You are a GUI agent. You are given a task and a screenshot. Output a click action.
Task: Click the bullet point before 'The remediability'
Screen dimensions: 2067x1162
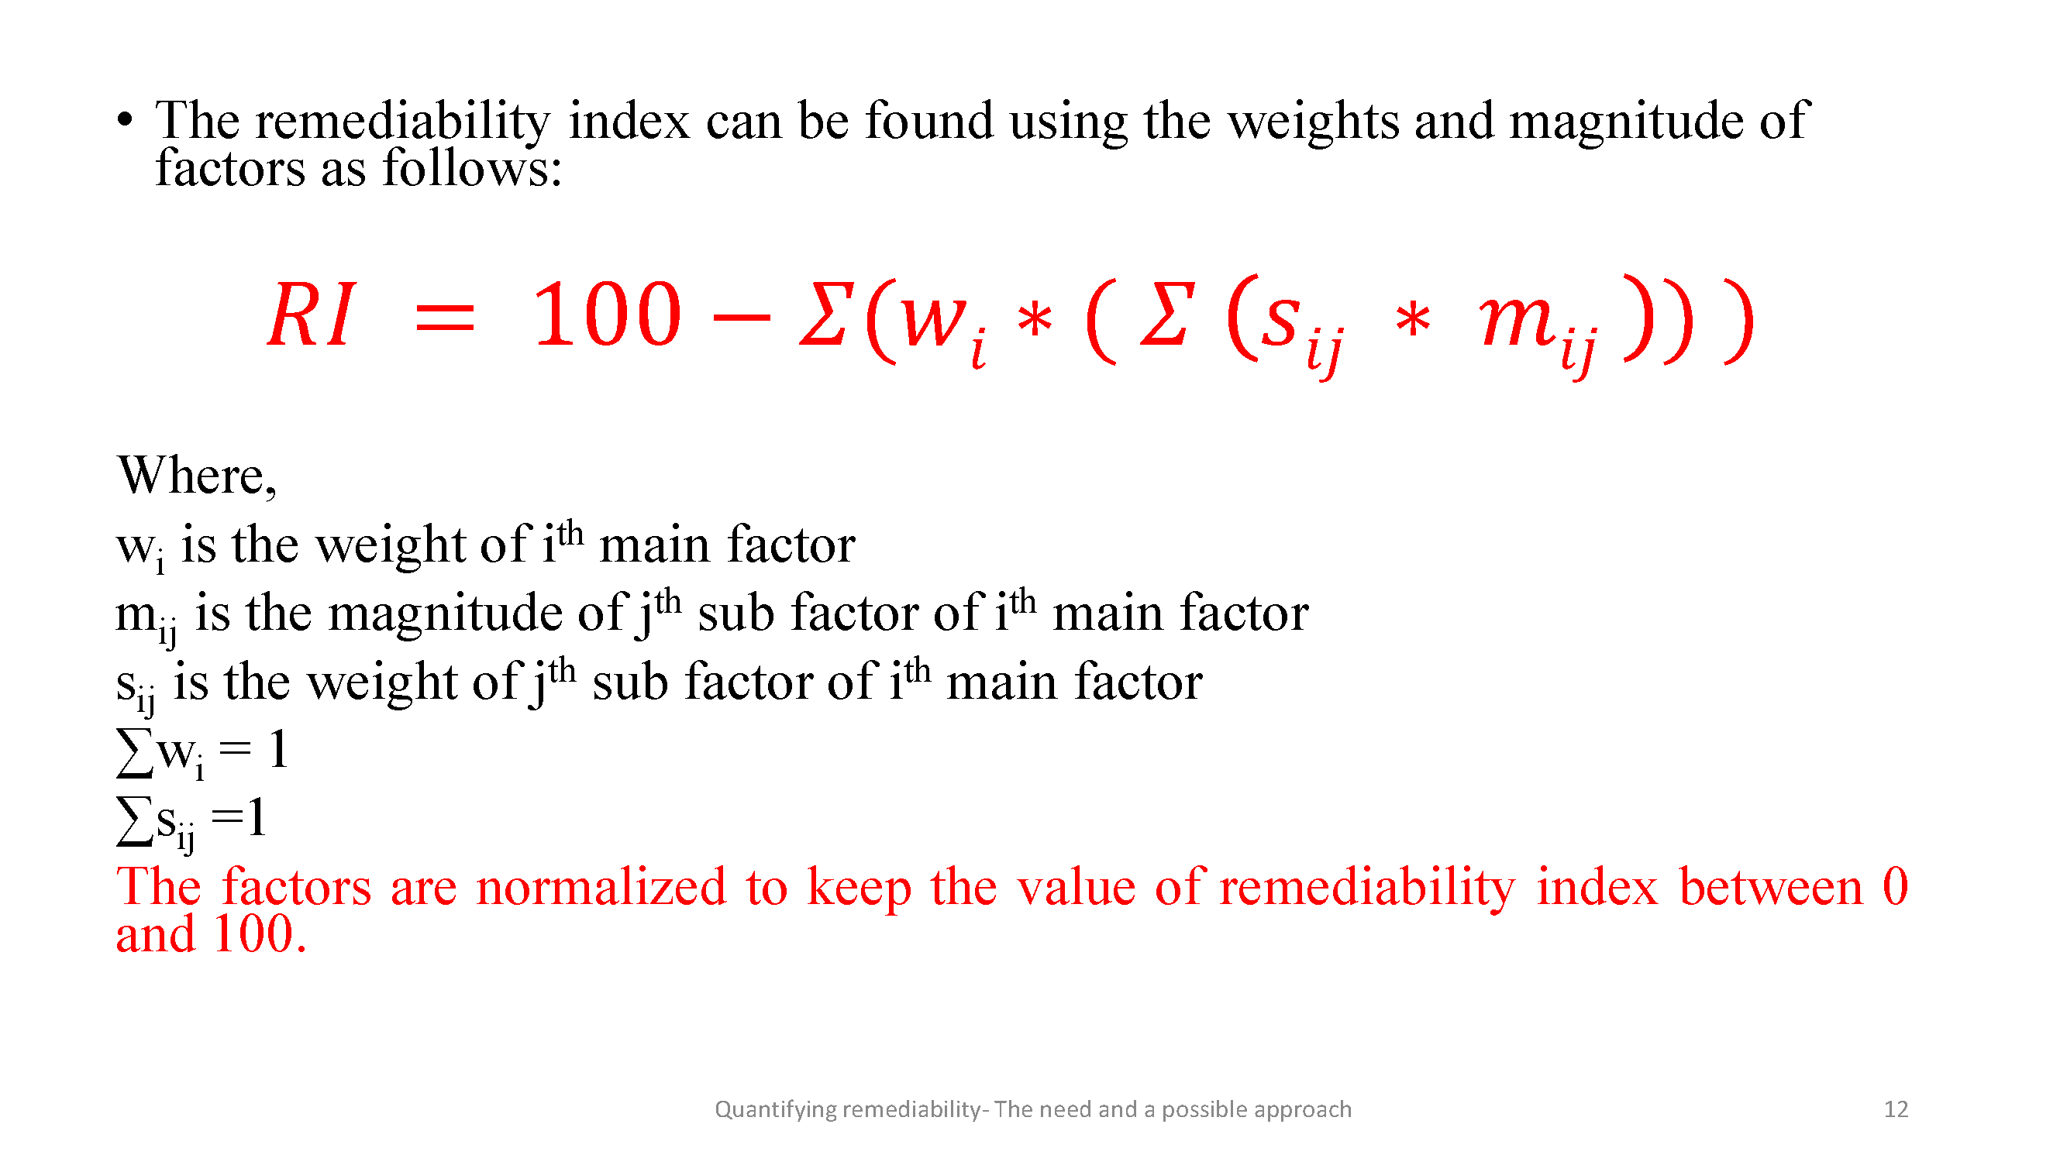[124, 121]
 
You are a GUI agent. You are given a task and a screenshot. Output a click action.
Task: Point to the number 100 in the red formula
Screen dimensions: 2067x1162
[608, 315]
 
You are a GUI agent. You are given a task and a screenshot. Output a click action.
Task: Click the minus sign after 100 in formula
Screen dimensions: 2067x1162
[742, 318]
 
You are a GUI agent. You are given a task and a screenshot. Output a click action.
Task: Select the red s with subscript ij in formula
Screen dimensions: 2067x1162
[1300, 328]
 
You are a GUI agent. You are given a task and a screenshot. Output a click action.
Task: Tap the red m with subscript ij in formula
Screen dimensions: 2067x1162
[1538, 329]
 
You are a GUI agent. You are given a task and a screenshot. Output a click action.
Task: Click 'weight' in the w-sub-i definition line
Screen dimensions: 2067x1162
[390, 545]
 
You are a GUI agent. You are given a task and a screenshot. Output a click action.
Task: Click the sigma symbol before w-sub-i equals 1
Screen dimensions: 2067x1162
[136, 751]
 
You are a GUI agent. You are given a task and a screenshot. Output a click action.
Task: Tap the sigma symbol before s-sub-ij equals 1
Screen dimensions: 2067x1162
[136, 820]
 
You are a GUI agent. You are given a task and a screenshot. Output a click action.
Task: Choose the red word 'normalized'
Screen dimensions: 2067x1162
[601, 887]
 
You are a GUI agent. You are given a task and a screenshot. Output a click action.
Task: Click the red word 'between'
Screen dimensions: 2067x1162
[1771, 887]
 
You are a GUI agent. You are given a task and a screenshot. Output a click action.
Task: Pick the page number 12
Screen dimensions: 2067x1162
[1895, 1109]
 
